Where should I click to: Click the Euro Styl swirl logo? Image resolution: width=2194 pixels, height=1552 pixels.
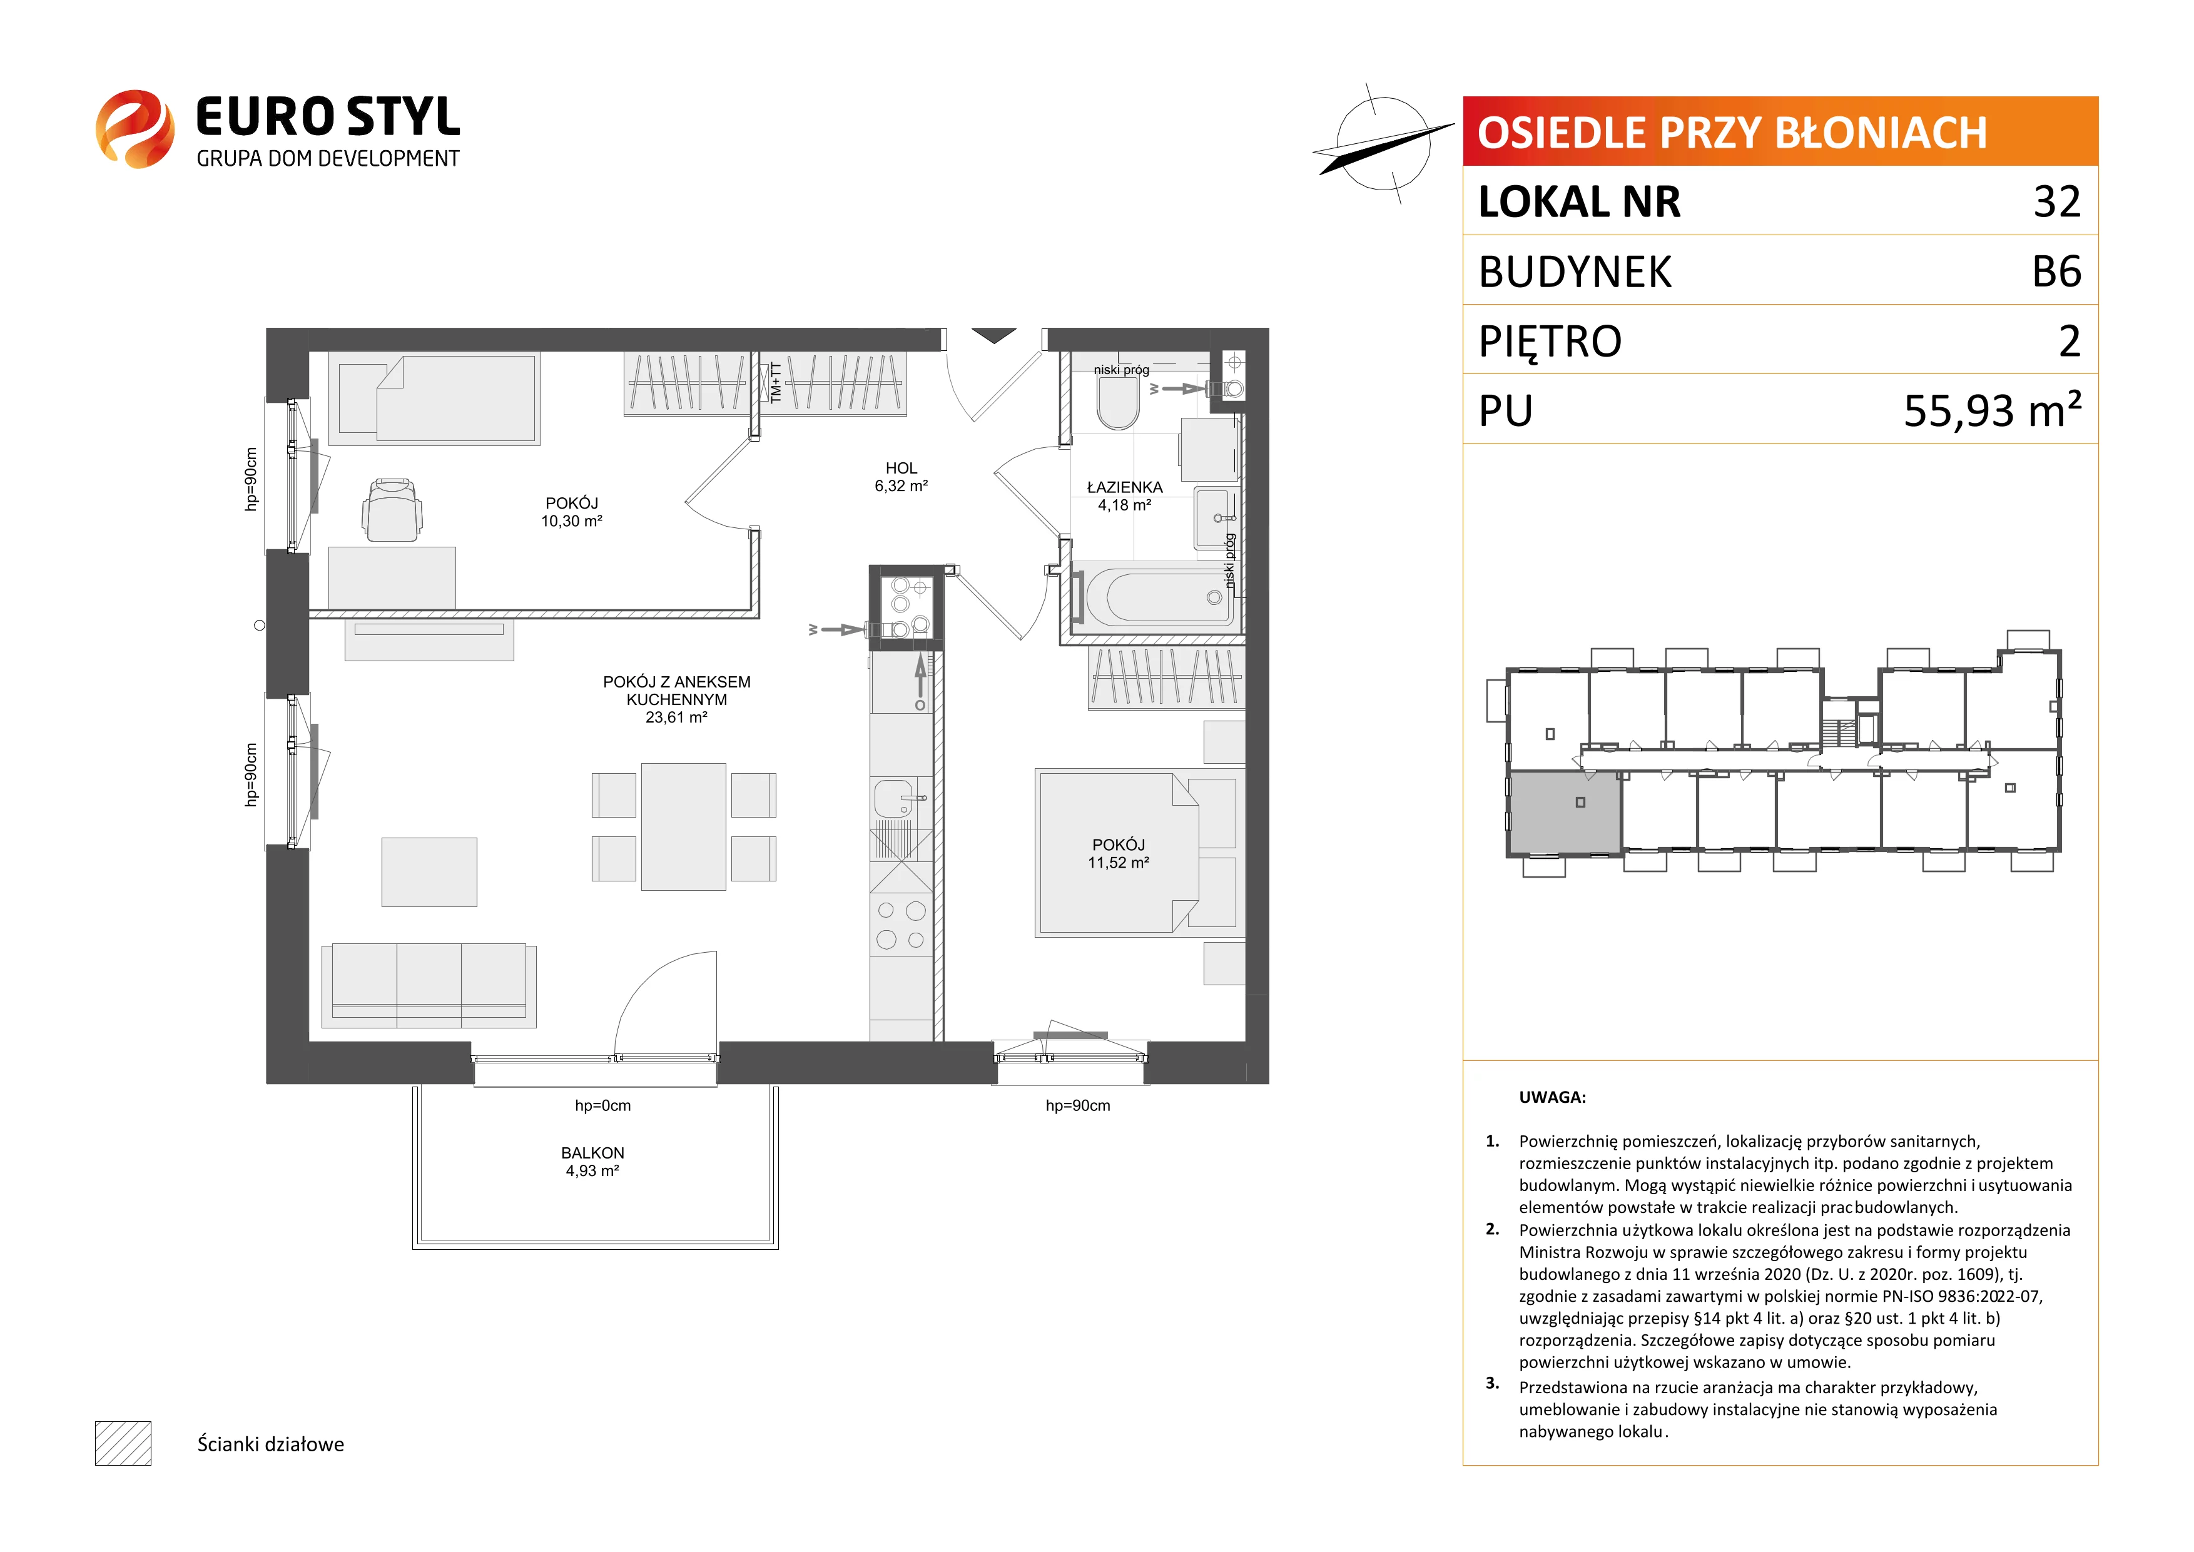click(x=135, y=129)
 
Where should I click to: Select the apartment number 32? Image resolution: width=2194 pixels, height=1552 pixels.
click(x=2056, y=201)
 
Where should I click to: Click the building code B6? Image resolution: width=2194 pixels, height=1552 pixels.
click(x=2056, y=271)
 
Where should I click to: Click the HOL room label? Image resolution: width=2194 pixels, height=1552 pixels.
click(x=901, y=469)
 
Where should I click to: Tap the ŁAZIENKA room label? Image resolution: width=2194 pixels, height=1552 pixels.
click(x=1125, y=487)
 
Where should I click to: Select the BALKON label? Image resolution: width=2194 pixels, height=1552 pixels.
click(x=592, y=1152)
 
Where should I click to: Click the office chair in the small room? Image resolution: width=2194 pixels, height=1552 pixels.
click(x=392, y=509)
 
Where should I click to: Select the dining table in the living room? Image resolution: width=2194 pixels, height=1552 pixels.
click(x=683, y=826)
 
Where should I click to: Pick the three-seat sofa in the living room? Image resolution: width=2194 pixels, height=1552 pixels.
click(x=429, y=985)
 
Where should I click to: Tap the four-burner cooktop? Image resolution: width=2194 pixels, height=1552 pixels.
click(x=901, y=925)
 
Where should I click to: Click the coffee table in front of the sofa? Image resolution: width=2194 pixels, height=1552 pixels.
click(x=429, y=871)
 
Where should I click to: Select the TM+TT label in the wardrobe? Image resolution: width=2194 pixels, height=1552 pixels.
click(x=776, y=382)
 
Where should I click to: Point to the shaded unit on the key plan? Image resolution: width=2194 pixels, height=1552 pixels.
click(x=1565, y=813)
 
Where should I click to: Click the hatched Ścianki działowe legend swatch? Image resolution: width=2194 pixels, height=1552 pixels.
click(x=123, y=1443)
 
